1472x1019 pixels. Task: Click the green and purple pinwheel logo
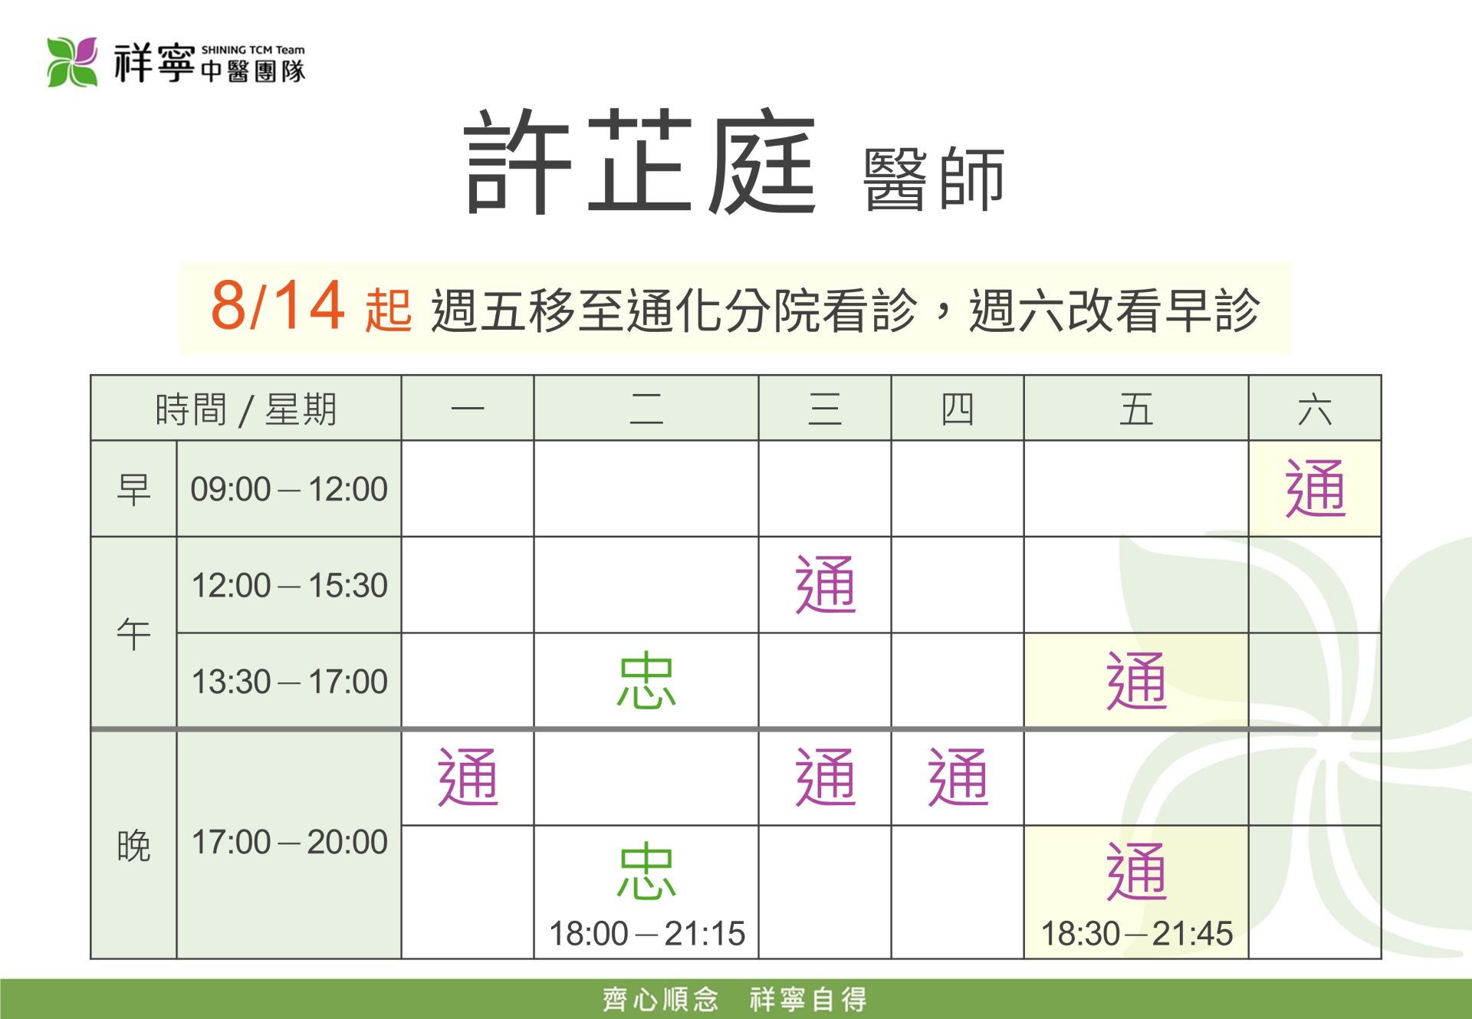(72, 62)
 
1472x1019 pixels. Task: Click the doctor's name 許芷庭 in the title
(640, 162)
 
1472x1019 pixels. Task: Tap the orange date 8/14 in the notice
(277, 305)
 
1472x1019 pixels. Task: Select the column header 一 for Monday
(468, 409)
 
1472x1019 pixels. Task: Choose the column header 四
(958, 409)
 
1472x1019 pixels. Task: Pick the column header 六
(1315, 409)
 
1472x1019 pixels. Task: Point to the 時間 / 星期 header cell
(246, 409)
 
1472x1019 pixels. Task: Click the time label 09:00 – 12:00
(289, 489)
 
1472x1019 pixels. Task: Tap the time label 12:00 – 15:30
(289, 585)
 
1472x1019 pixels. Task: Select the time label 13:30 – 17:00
(289, 682)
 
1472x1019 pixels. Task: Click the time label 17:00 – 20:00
(289, 842)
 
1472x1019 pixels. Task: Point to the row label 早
(133, 489)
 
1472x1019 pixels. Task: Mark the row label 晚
(133, 846)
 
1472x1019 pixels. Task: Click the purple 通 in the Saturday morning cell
(1315, 488)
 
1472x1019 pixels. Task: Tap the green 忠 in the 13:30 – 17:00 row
(646, 680)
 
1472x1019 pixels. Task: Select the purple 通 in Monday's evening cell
(468, 777)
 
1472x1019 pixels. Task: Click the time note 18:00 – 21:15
(646, 933)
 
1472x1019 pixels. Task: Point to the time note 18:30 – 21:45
(1136, 933)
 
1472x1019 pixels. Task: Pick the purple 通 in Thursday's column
(958, 777)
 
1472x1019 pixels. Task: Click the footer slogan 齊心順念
(660, 999)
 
